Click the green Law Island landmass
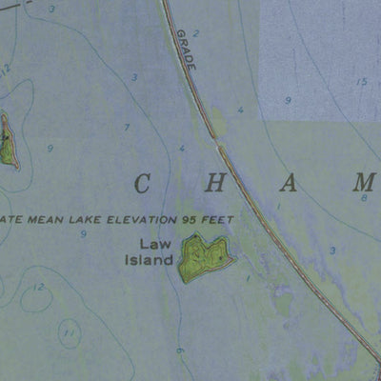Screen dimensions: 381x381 (x=204, y=257)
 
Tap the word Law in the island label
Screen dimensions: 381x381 (x=155, y=244)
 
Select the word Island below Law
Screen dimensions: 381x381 (x=150, y=259)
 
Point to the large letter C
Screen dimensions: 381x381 (x=143, y=184)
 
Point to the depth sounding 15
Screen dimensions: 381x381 (x=361, y=83)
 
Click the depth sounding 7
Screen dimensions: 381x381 (x=126, y=127)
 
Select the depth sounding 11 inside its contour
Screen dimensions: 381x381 (x=67, y=333)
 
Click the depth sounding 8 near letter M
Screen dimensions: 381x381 (x=364, y=198)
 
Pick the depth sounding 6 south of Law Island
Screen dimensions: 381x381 (x=178, y=351)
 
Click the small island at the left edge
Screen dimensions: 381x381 (x=8, y=141)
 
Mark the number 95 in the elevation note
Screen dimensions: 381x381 (x=183, y=218)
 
